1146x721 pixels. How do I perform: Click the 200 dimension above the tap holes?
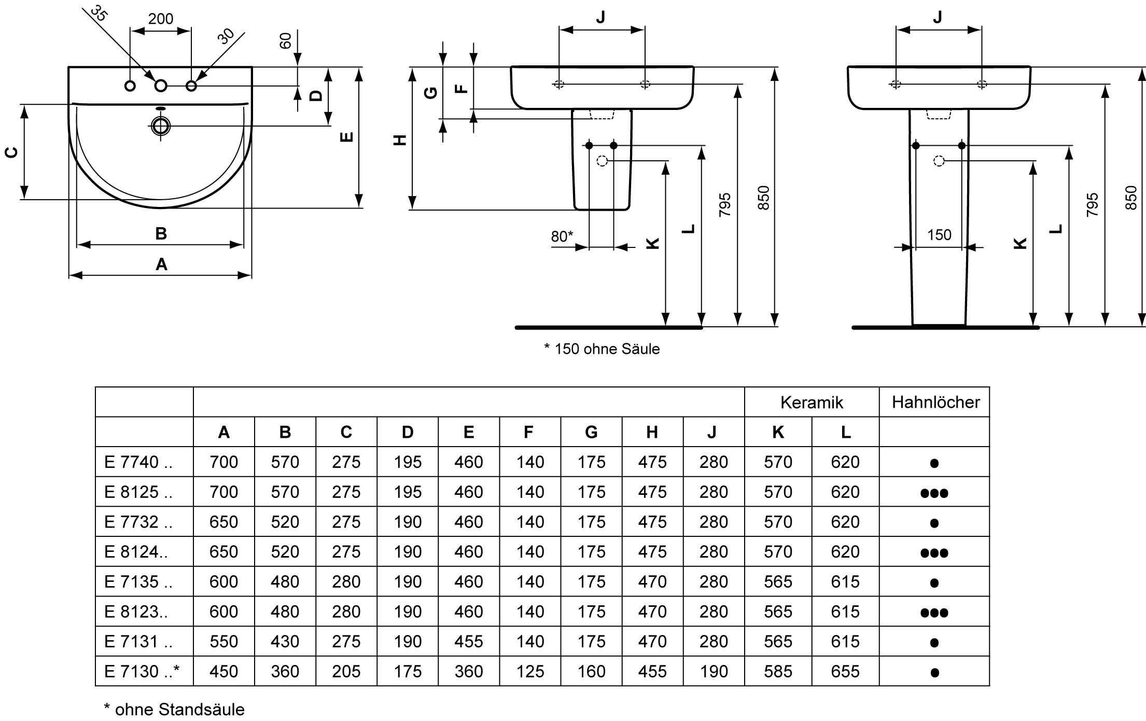click(161, 19)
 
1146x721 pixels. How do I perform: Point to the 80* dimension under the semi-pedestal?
click(562, 237)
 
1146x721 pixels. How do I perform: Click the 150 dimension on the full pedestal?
click(939, 235)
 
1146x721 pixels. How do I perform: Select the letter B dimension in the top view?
click(161, 233)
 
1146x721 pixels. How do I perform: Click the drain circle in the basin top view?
click(161, 126)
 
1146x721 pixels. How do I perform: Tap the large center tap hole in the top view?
click(161, 86)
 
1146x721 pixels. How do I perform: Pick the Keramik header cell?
click(812, 402)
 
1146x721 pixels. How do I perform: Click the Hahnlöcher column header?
click(935, 402)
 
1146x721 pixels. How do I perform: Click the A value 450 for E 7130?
click(223, 671)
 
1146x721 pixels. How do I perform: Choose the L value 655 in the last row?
click(845, 671)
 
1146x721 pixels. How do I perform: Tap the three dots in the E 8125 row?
click(934, 493)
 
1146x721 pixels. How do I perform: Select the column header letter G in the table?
click(591, 432)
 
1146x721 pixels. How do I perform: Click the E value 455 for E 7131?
click(468, 641)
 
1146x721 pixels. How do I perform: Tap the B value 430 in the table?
click(285, 641)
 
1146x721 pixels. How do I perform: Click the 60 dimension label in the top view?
click(286, 40)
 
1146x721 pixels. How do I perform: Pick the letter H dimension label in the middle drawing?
click(400, 140)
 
